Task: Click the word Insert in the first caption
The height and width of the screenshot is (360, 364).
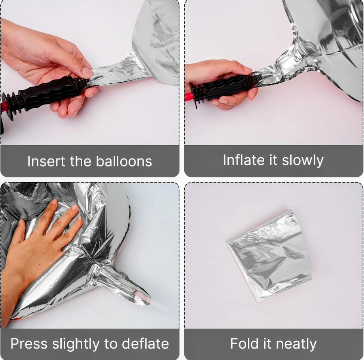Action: [x=46, y=161]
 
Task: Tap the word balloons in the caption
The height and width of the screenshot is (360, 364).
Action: [x=124, y=161]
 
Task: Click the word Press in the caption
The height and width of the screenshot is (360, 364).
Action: [x=29, y=343]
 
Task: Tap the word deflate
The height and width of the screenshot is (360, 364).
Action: [x=145, y=343]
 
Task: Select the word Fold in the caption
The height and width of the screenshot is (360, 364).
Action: [x=244, y=343]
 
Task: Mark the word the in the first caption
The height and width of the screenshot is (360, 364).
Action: [x=80, y=161]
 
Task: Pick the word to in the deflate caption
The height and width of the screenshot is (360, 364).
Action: [x=111, y=344]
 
